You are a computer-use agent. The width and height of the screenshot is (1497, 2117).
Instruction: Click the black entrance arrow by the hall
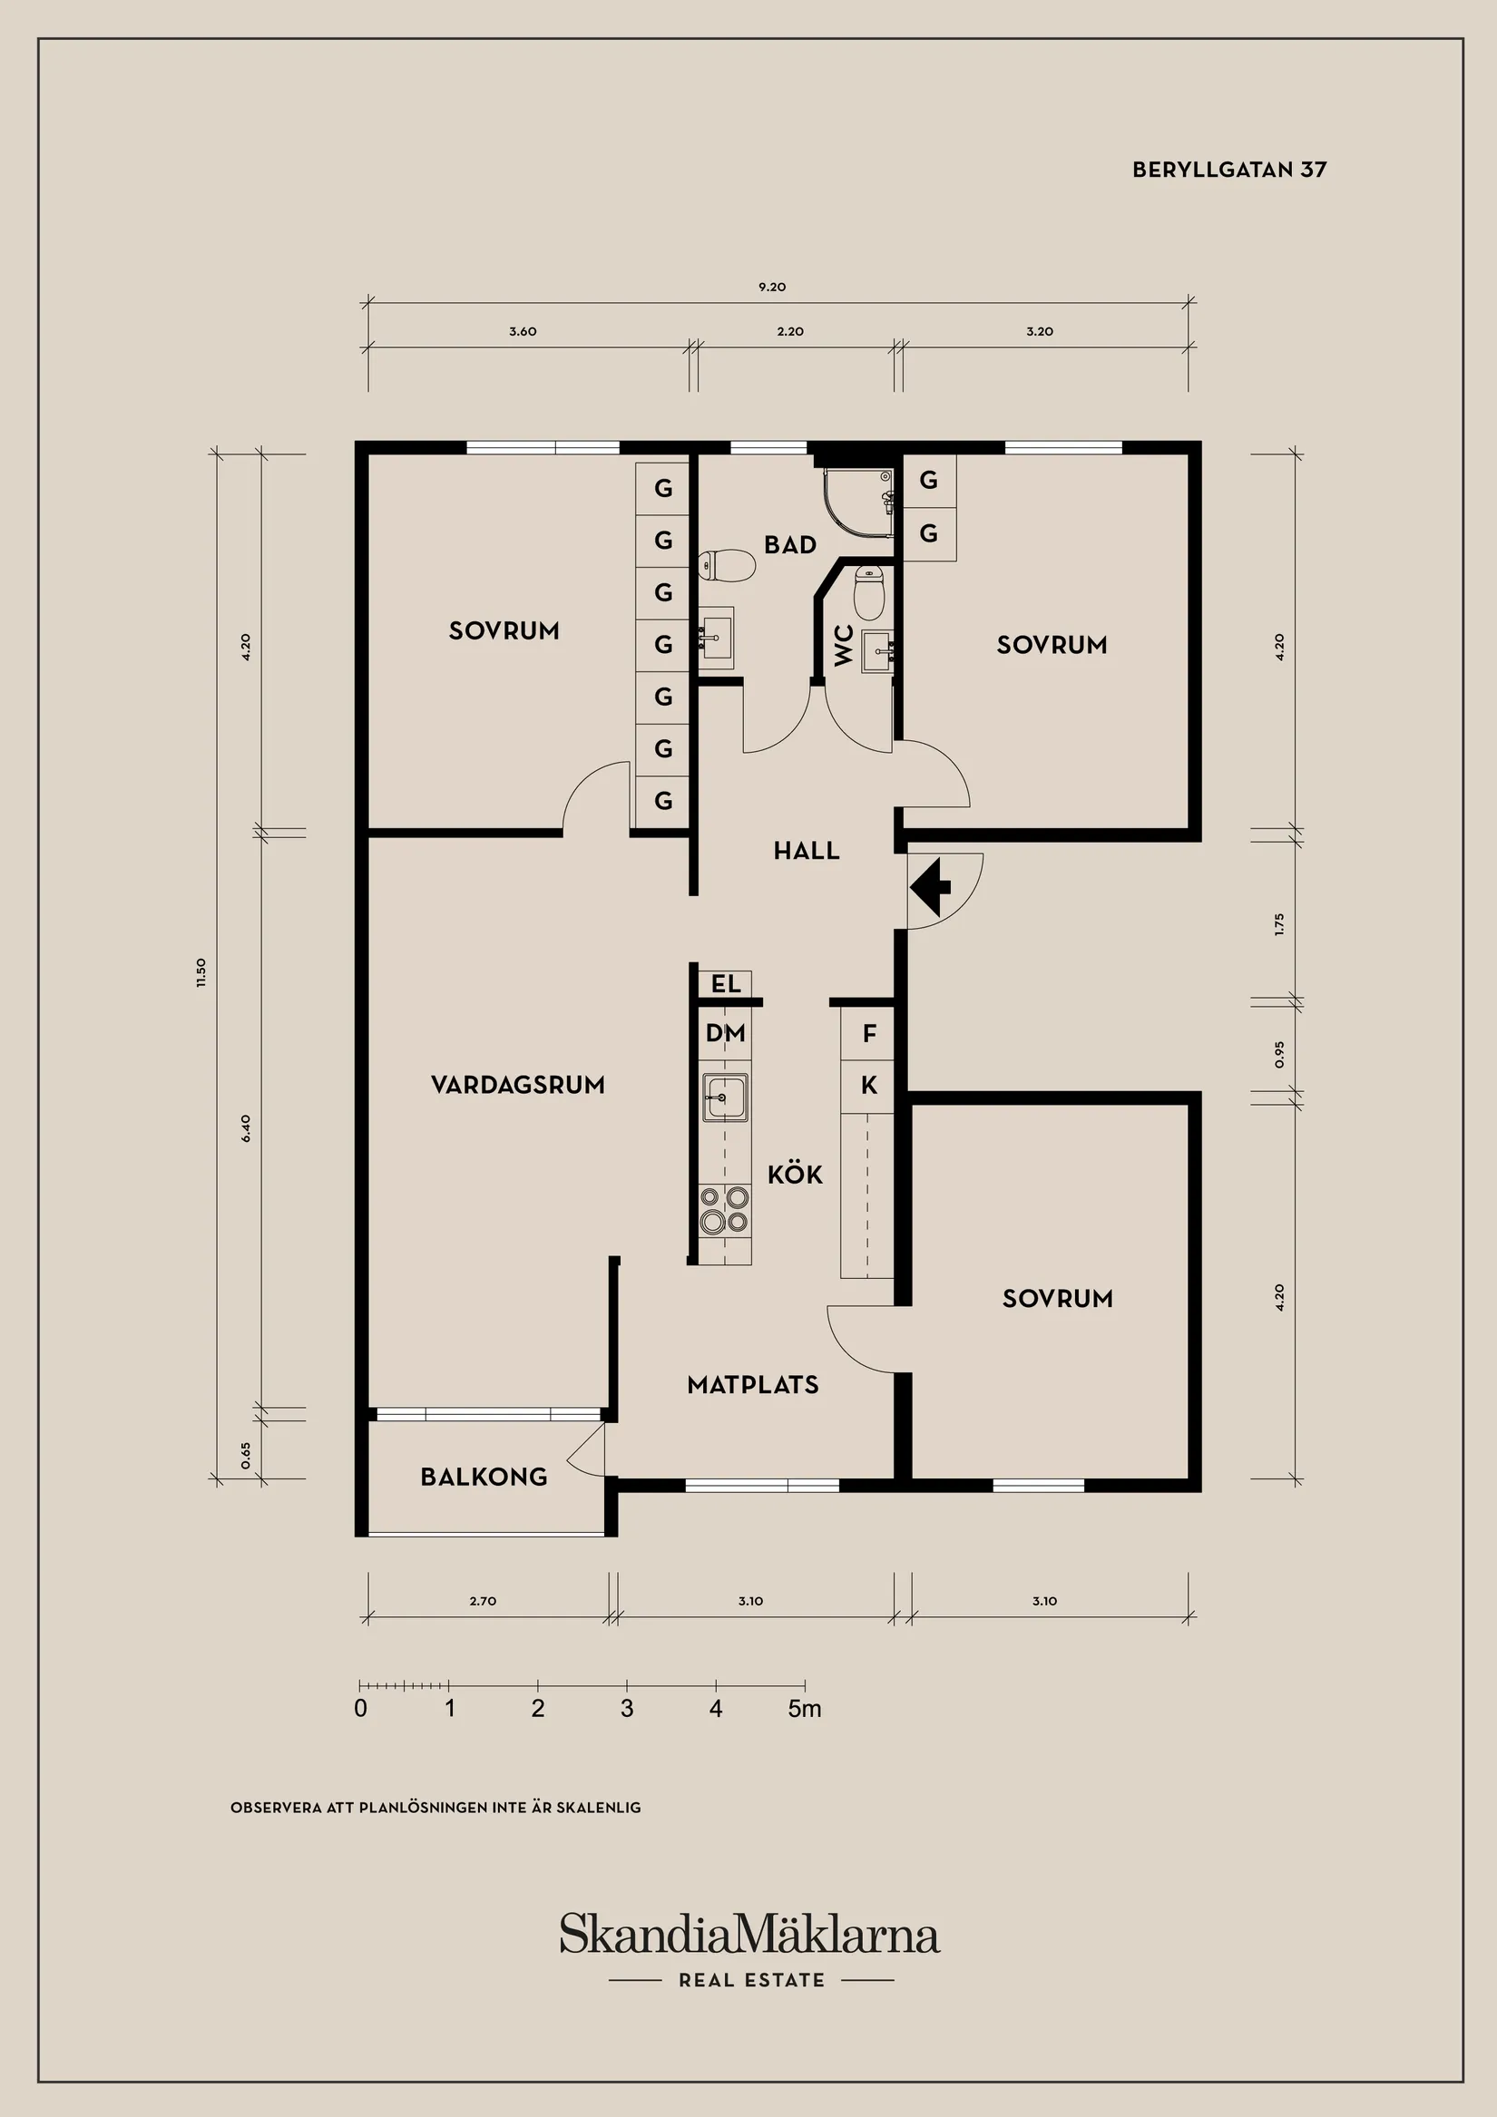tap(930, 886)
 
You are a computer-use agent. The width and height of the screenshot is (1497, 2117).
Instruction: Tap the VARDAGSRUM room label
tap(517, 1084)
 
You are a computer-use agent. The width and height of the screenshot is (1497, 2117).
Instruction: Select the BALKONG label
tap(484, 1476)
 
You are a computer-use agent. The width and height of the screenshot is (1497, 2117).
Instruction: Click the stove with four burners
tap(724, 1210)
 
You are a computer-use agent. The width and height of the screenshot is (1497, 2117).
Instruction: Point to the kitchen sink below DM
tap(724, 1098)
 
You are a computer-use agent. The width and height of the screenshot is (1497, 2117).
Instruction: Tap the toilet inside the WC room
tap(869, 592)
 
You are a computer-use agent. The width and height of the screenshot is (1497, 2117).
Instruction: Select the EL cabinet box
tap(725, 984)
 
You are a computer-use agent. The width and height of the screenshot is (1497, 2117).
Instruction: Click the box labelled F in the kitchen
tap(868, 1035)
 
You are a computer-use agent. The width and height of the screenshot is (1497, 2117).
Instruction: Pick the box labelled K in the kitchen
tap(868, 1086)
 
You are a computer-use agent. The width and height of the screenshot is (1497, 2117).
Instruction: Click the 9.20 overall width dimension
tap(772, 287)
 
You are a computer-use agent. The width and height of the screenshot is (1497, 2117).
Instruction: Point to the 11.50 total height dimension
tap(201, 971)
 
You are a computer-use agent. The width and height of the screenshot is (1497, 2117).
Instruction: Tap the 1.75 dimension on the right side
tap(1278, 924)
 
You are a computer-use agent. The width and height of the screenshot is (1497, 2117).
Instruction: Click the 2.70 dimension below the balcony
tap(483, 1601)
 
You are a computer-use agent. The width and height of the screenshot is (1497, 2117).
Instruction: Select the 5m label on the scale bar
tap(805, 1709)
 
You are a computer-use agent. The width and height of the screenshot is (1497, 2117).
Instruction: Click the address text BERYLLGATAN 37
tap(1228, 170)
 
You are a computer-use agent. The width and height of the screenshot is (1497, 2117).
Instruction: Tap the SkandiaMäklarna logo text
tap(749, 1934)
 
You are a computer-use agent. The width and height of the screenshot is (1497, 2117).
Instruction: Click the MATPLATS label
tap(753, 1384)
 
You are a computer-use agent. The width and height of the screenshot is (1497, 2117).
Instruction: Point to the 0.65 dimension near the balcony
tap(245, 1454)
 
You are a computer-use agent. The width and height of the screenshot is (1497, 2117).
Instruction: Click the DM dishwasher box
tap(725, 1034)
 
